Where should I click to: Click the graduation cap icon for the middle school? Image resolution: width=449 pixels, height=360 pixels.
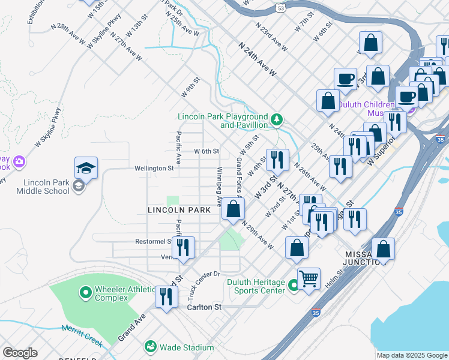click(x=86, y=169)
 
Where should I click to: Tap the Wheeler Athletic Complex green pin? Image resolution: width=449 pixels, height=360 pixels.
click(x=85, y=293)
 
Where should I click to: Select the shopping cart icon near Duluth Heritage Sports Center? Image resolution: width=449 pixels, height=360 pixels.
click(x=309, y=278)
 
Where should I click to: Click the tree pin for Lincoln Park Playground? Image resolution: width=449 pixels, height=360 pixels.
click(x=276, y=120)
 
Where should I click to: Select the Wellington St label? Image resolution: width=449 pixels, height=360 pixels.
click(x=154, y=169)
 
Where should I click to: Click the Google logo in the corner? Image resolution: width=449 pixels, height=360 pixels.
click(x=20, y=353)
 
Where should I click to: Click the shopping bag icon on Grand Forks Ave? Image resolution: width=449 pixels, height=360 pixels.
click(x=233, y=209)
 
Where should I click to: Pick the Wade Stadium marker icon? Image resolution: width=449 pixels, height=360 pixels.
click(x=150, y=347)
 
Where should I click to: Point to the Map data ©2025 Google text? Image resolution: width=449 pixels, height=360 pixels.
click(x=411, y=355)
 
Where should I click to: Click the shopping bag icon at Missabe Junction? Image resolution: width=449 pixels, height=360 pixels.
click(x=382, y=249)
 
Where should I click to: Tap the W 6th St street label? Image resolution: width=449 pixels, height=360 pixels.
click(x=206, y=151)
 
